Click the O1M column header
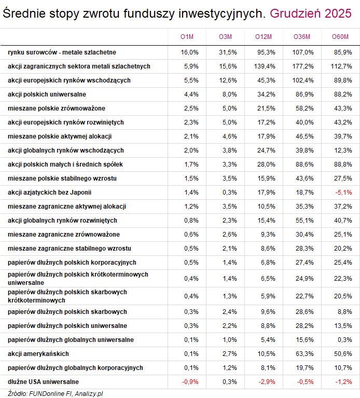(x=187, y=36)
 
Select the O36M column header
(x=302, y=36)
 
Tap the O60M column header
(x=340, y=36)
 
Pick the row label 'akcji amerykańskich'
(x=38, y=354)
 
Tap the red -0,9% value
(x=190, y=382)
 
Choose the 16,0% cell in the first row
(x=190, y=52)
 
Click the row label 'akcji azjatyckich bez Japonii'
(x=49, y=192)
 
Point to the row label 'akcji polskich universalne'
(x=47, y=94)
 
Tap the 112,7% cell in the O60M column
(x=342, y=66)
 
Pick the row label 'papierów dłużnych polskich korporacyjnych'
(x=72, y=263)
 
